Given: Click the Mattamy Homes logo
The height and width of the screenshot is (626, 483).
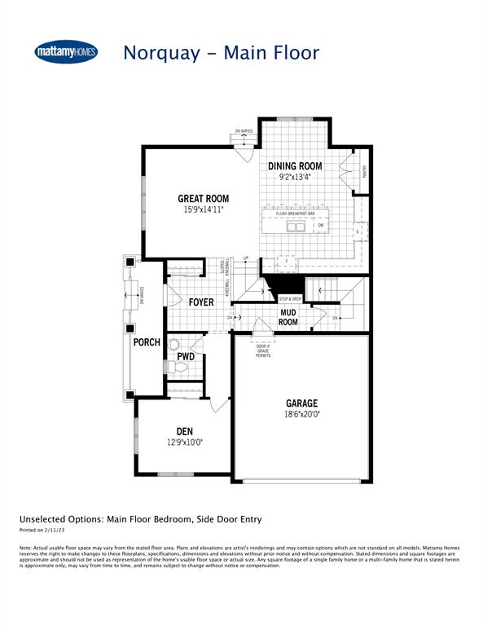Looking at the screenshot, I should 67,51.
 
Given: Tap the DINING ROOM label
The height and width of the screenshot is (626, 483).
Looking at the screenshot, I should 296,165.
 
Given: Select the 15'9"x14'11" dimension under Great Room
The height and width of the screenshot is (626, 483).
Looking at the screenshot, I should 204,209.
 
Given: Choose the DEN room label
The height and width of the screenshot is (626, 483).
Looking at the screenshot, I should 184,432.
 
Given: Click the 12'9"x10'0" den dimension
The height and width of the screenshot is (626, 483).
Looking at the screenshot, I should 184,443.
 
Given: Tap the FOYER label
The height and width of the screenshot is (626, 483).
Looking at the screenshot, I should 200,302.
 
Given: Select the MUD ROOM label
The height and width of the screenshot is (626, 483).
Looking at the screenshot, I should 288,317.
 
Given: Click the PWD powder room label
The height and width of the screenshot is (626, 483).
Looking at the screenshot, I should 185,356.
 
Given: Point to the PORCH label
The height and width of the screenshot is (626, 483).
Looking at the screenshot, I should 147,342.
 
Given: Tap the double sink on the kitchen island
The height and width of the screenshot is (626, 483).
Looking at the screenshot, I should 296,226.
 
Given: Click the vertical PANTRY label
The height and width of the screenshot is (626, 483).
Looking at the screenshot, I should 365,172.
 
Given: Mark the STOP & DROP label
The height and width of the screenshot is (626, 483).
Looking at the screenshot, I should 290,300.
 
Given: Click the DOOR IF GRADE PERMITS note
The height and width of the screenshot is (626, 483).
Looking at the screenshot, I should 263,350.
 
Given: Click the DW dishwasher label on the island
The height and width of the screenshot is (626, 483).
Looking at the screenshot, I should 321,226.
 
